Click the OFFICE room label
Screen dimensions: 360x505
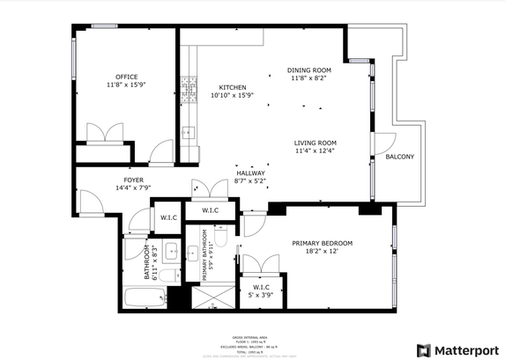[x=125, y=77]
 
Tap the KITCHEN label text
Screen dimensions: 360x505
[x=232, y=87]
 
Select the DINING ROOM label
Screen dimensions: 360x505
[x=309, y=70]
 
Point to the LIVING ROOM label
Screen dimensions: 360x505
[x=316, y=143]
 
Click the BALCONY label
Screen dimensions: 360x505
[x=399, y=157]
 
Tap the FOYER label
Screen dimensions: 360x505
[x=134, y=180]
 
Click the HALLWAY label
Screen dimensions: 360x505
[x=250, y=173]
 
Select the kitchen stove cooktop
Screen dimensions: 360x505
[x=188, y=87]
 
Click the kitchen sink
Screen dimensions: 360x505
[x=188, y=133]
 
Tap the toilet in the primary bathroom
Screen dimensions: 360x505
[x=223, y=236]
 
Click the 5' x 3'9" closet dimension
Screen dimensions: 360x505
[x=261, y=295]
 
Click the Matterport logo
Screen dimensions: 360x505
[x=457, y=349]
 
